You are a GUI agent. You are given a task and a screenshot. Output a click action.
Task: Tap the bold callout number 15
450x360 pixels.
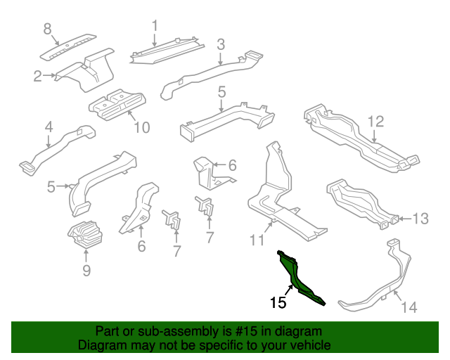[x=278, y=302]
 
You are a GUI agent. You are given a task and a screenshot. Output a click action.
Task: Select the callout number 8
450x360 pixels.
[x=47, y=29]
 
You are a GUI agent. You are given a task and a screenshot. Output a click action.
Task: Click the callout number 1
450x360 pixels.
[x=155, y=26]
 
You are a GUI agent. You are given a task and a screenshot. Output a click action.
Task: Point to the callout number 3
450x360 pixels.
[x=221, y=44]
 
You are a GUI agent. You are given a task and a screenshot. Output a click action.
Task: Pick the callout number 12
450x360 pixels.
[x=375, y=122]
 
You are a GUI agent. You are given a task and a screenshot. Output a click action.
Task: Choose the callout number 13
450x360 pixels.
[x=420, y=219]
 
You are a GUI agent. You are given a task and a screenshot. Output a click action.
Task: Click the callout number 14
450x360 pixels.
[x=409, y=307]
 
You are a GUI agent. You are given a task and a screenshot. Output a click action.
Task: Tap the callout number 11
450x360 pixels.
[x=257, y=240]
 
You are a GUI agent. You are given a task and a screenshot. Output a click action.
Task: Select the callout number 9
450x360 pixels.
[x=86, y=270]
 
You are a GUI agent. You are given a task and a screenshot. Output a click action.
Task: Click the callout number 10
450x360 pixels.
[x=142, y=127]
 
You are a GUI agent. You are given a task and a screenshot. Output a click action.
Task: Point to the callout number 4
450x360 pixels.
[x=49, y=127]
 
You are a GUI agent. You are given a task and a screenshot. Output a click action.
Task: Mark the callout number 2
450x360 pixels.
[x=37, y=76]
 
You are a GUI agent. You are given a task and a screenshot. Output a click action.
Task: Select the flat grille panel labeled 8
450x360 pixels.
[x=68, y=47]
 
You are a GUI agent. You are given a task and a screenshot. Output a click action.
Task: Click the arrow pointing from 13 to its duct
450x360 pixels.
[x=405, y=219]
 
